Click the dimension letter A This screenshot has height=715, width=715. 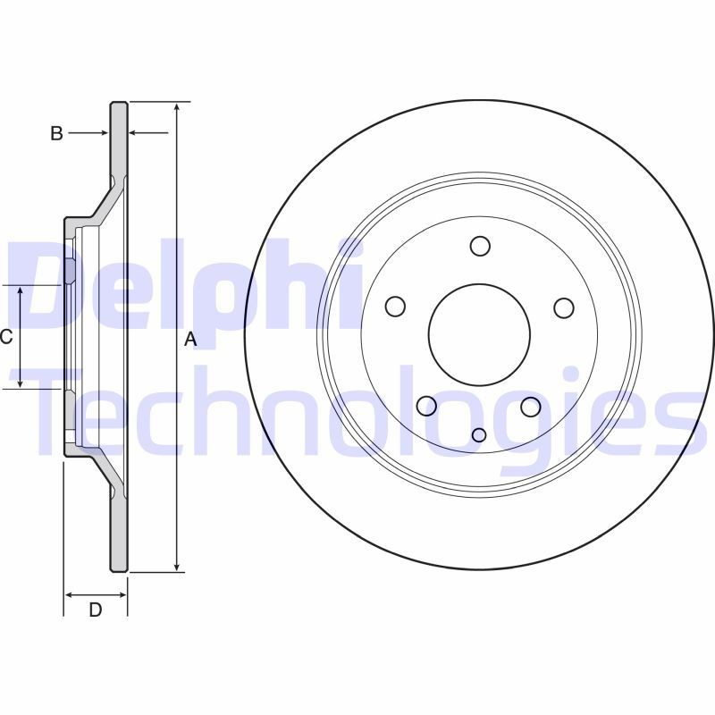(189, 339)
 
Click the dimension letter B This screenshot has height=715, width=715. (56, 133)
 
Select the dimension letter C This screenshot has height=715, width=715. (5, 337)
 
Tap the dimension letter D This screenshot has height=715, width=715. (96, 610)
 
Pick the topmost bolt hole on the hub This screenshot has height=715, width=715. (480, 246)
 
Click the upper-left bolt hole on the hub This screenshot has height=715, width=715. (395, 307)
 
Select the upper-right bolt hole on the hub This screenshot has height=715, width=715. (563, 307)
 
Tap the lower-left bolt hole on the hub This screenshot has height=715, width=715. (427, 407)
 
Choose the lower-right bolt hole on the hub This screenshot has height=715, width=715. (531, 407)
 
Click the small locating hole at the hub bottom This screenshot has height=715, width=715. (479, 434)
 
